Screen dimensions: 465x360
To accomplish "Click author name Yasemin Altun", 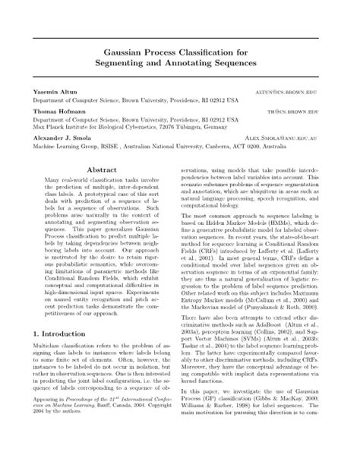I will [54, 91].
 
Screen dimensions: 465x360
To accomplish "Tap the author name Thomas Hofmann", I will [58, 111].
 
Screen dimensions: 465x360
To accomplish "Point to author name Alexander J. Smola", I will [62, 139].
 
